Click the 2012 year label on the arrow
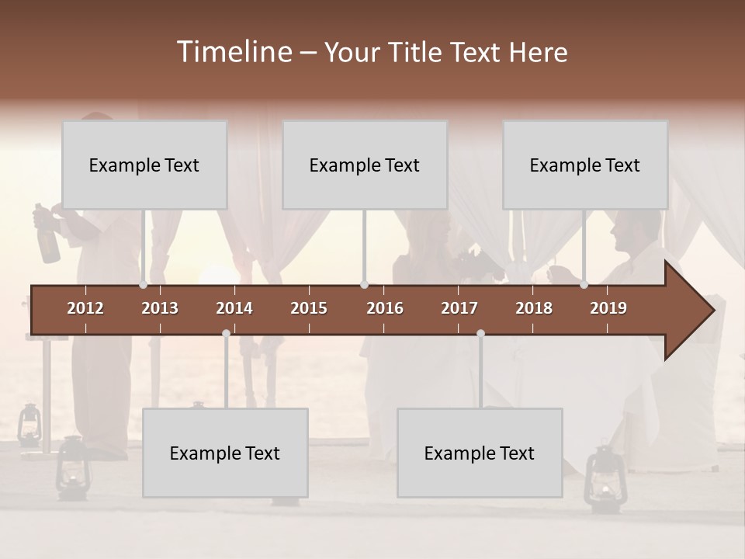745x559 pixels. [x=85, y=308]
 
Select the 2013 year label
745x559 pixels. [x=160, y=308]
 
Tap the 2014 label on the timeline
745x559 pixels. [x=234, y=308]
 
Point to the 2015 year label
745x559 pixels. [x=309, y=308]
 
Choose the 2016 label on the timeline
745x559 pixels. [x=385, y=308]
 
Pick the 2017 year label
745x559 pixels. [x=459, y=308]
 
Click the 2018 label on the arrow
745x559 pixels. [x=534, y=308]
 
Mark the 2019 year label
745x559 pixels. [x=608, y=308]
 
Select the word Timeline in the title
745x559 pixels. [x=234, y=52]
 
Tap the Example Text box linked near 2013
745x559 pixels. [x=144, y=165]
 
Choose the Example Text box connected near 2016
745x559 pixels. [x=365, y=165]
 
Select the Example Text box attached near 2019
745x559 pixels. [x=585, y=165]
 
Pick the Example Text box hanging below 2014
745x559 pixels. [x=225, y=453]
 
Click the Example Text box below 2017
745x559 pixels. [x=480, y=453]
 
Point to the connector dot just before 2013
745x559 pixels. [x=143, y=285]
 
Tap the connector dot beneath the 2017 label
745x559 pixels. [x=480, y=334]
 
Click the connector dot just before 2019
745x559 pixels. [x=584, y=285]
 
